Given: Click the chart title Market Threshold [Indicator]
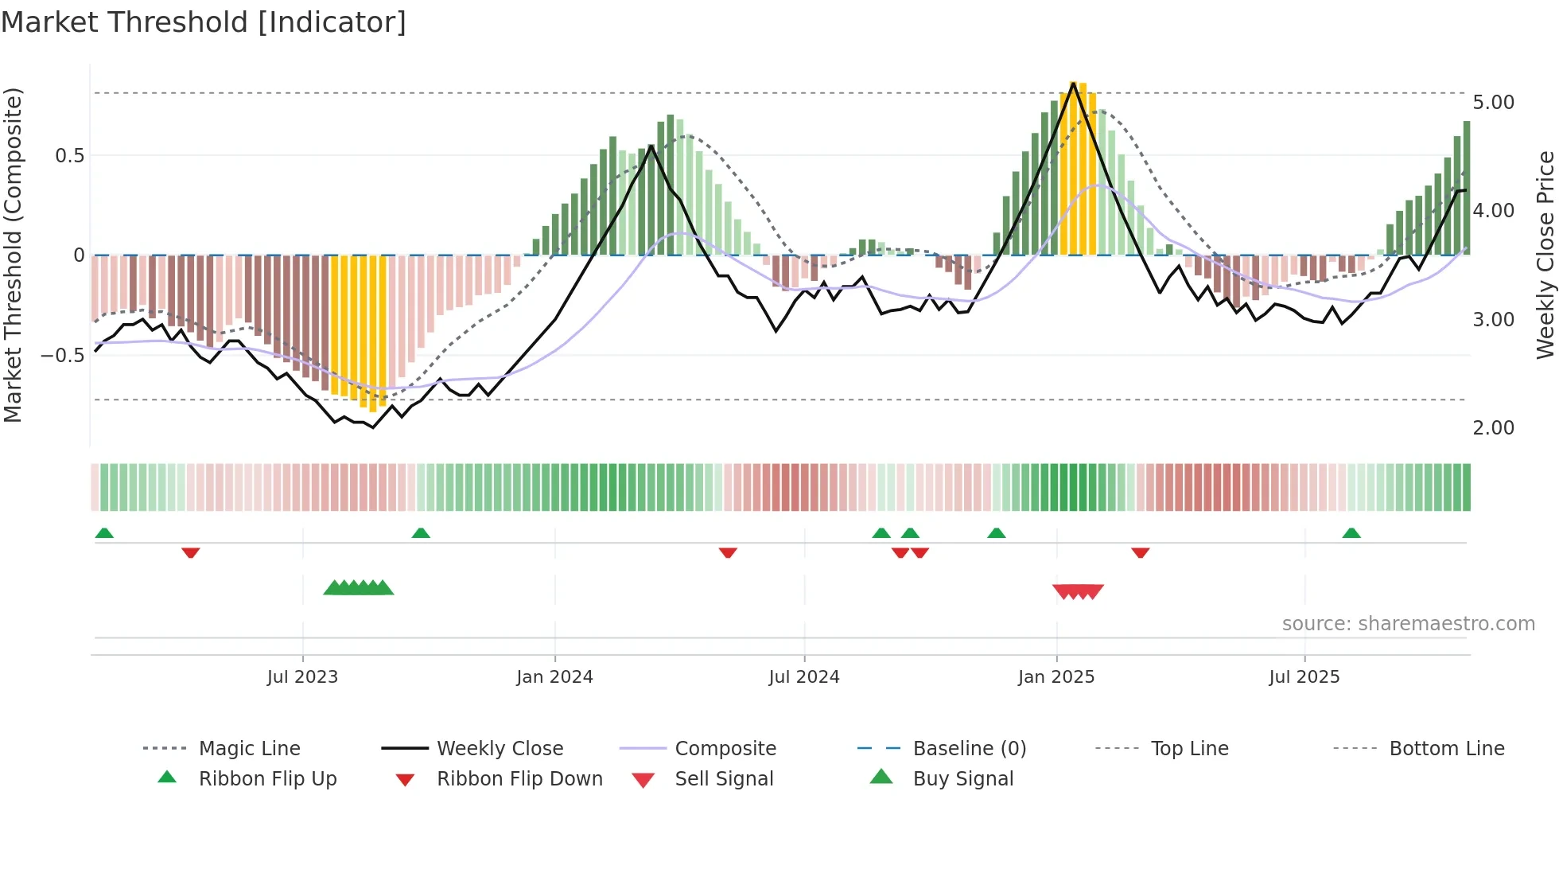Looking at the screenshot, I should point(204,22).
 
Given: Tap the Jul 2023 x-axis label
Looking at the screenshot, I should point(302,677).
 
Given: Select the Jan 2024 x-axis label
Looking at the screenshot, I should point(554,677).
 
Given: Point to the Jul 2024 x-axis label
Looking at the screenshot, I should point(803,677).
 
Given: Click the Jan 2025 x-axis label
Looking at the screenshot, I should point(1056,677).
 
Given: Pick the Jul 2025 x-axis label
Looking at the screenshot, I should point(1304,677).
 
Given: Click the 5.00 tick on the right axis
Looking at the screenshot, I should point(1493,103).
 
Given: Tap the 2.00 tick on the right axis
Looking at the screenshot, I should point(1493,428).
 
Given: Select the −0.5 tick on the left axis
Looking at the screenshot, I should point(62,355).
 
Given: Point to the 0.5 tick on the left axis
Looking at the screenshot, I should point(69,156).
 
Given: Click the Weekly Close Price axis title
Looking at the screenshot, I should point(1545,255).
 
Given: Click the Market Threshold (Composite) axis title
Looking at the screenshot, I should point(13,255).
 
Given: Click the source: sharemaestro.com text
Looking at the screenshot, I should point(1408,624).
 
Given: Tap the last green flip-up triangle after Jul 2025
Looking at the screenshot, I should point(1351,533).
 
